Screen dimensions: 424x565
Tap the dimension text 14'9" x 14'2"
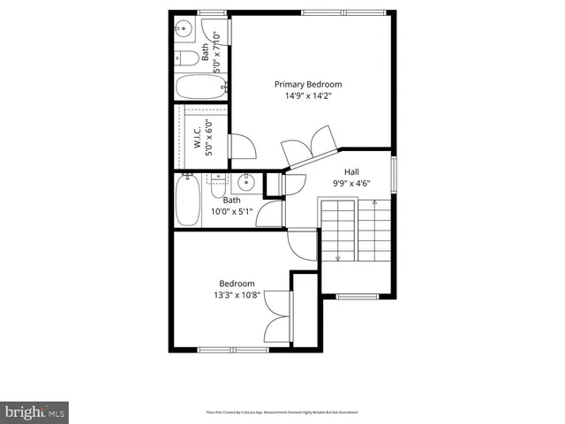click(307, 96)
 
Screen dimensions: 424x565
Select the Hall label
click(350, 173)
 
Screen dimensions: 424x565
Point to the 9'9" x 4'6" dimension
click(350, 185)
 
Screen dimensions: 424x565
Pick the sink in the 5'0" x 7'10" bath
click(185, 28)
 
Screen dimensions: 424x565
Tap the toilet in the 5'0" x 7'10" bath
click(186, 59)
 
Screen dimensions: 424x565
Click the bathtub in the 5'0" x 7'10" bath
click(200, 87)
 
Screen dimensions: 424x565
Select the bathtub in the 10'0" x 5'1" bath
click(188, 201)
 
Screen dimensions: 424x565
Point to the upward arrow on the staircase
click(374, 205)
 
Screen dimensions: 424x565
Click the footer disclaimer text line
click(282, 412)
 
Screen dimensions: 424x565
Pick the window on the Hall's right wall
click(395, 170)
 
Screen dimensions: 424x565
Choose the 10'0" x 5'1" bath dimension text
click(231, 212)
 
